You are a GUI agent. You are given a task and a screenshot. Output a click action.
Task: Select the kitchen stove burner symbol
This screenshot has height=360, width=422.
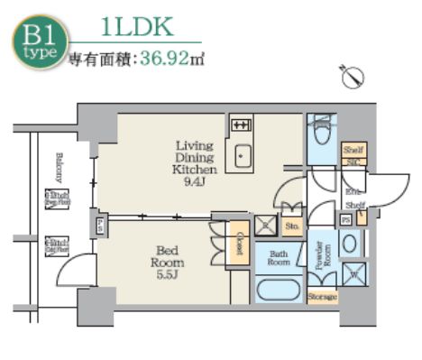(x=241, y=125)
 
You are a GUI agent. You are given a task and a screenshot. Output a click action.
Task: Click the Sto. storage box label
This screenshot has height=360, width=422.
(x=292, y=226)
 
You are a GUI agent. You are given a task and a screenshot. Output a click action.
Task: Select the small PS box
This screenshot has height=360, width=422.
(x=345, y=219)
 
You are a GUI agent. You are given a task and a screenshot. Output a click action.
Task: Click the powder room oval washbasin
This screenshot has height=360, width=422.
(x=350, y=244)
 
